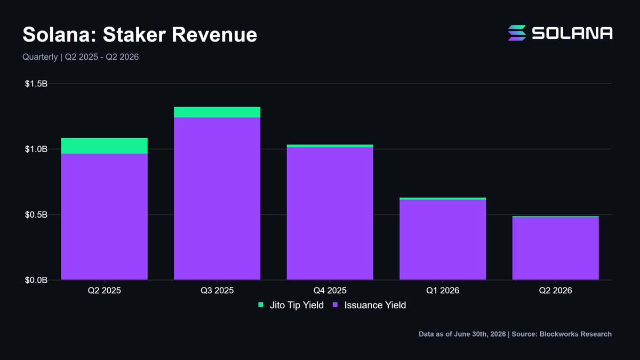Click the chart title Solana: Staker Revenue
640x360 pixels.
[140, 35]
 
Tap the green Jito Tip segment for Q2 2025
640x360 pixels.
[105, 146]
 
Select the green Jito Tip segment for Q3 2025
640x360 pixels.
[217, 112]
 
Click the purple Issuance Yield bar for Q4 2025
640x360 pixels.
[330, 213]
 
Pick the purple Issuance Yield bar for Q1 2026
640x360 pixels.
[443, 239]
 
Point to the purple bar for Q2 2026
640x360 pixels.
[555, 249]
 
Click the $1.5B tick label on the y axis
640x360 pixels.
[36, 84]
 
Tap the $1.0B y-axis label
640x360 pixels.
[36, 149]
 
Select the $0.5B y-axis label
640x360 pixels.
[36, 214]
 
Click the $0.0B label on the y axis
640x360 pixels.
[36, 280]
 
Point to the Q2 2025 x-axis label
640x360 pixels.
[105, 291]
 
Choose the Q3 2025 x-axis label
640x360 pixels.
[217, 291]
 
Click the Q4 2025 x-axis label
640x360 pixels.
[330, 291]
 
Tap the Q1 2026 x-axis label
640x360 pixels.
[443, 291]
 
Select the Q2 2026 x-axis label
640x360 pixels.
[555, 291]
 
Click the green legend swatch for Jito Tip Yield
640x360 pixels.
[261, 305]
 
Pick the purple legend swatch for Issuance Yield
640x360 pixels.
[335, 305]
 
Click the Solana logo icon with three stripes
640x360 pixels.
[517, 33]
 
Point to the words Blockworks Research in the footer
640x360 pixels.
[575, 334]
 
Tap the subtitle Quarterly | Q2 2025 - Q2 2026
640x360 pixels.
[81, 57]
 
